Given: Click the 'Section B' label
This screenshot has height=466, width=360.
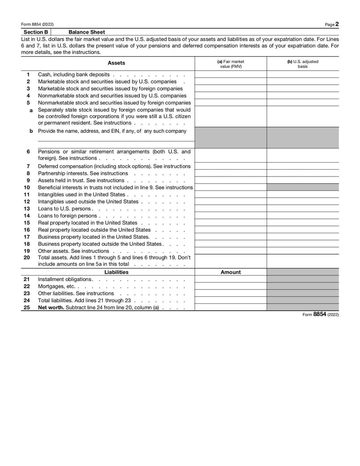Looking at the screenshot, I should tap(36, 32).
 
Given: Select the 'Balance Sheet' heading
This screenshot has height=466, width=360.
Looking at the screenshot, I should tap(87, 32).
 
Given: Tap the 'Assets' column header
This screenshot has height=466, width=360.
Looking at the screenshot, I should tap(117, 63).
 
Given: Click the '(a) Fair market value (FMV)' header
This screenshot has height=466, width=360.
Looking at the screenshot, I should tap(230, 63).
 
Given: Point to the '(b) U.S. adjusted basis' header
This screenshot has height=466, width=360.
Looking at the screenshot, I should tap(302, 63).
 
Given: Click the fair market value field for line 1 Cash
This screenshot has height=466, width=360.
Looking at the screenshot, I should tap(230, 74).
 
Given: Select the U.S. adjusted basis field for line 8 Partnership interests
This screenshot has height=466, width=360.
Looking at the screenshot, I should tap(302, 173).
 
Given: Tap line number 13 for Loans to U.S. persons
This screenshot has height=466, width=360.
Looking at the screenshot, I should tap(27, 209).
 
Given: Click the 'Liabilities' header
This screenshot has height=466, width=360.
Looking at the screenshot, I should tap(116, 272).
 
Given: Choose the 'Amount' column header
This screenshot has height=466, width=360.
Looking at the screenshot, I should tap(230, 272).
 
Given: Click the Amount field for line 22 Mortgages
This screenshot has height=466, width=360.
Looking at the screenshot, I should tap(230, 286).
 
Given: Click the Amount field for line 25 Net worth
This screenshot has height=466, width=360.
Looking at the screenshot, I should tap(230, 308).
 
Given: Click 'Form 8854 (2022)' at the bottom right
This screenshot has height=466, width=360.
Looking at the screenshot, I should tap(321, 315).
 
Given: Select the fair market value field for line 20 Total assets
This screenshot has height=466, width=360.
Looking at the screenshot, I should tap(230, 261).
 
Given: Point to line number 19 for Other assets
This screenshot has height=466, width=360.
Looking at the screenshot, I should tap(27, 251).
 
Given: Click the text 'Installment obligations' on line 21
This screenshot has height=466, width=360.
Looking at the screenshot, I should tap(65, 279).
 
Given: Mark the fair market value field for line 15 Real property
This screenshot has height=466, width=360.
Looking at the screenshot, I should tap(230, 223).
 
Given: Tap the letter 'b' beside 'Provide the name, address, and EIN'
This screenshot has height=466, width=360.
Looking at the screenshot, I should tap(31, 131).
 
